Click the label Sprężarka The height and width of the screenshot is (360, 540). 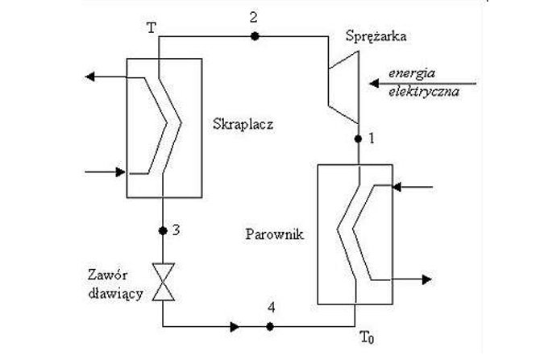[x=376, y=36]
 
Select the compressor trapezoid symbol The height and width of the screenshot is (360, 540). [x=343, y=87]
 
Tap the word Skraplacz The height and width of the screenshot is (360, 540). [x=243, y=124]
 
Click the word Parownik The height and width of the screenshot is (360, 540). [x=275, y=234]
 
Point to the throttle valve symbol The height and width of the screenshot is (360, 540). [x=164, y=282]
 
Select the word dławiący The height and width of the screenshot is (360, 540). [x=116, y=294]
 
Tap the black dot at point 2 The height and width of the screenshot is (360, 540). [x=255, y=36]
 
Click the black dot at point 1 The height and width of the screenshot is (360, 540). [x=358, y=139]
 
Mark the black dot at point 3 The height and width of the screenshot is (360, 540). [x=163, y=231]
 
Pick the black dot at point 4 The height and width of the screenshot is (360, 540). [x=270, y=327]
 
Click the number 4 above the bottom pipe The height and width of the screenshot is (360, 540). [x=272, y=308]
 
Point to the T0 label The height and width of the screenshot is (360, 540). [x=367, y=337]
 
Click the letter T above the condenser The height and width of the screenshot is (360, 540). [x=152, y=28]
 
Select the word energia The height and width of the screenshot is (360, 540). [x=412, y=73]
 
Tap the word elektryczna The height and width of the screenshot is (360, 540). [x=424, y=92]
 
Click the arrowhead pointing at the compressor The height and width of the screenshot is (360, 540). [x=374, y=83]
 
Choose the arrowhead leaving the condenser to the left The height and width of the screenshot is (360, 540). [x=89, y=77]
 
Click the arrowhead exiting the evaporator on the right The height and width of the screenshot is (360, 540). [x=427, y=279]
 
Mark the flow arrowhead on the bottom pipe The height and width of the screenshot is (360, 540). [x=235, y=327]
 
